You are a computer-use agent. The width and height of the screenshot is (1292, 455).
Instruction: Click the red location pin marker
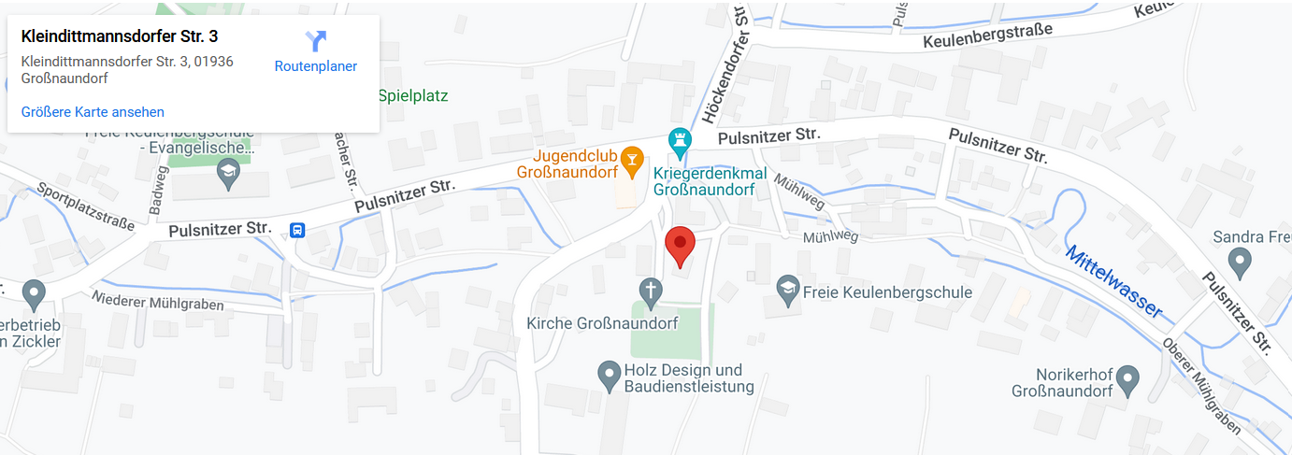point(680,246)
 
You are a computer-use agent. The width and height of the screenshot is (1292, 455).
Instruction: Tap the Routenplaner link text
point(315,66)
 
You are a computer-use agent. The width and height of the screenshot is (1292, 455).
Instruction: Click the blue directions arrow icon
point(316,40)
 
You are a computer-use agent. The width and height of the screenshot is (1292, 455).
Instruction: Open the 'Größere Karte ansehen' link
point(93,112)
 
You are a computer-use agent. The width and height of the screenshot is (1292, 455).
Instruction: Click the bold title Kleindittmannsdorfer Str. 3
point(120,36)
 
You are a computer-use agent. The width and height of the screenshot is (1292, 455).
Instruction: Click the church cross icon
point(649,291)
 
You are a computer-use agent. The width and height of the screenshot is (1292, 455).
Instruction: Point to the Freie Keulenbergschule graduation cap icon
point(788,291)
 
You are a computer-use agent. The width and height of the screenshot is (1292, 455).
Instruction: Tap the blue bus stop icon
point(297,230)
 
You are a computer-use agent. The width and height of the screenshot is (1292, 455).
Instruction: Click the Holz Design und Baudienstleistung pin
point(610,376)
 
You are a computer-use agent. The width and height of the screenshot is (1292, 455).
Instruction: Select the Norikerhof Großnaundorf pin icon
point(1128,379)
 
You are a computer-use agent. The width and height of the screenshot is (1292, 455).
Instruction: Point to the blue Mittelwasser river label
point(1114,282)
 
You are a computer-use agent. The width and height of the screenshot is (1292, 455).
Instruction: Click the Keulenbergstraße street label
point(987,36)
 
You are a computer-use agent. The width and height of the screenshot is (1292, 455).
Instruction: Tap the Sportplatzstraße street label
point(86,206)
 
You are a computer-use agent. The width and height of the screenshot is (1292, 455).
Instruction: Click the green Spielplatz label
point(413,95)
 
